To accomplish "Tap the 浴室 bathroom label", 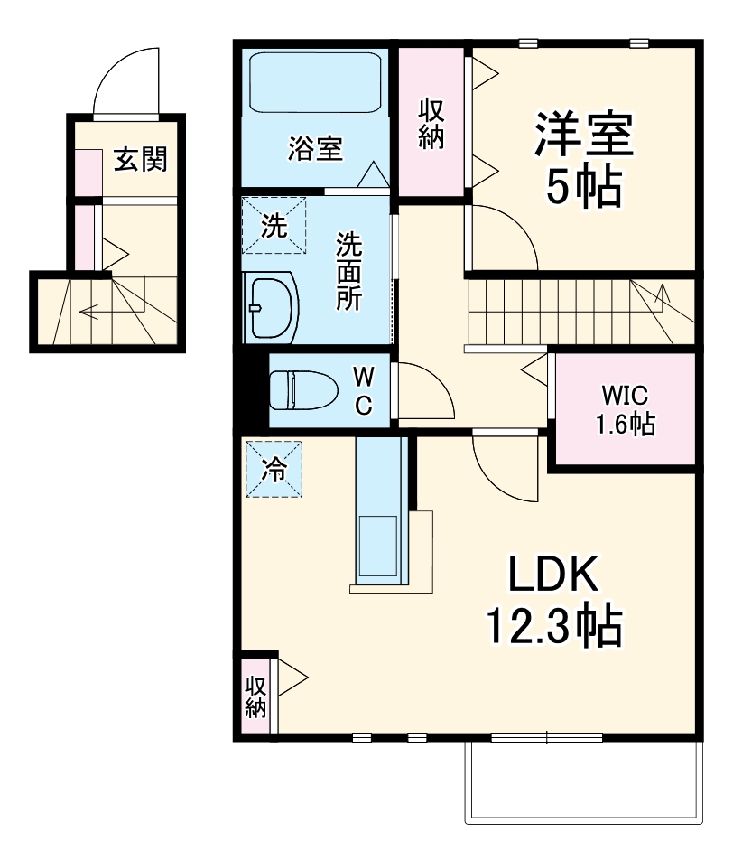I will (x=315, y=147).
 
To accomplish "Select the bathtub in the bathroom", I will (x=315, y=83).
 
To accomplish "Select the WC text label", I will (x=362, y=390).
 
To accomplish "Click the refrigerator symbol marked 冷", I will (x=274, y=468).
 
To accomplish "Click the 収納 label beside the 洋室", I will (x=431, y=124).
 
